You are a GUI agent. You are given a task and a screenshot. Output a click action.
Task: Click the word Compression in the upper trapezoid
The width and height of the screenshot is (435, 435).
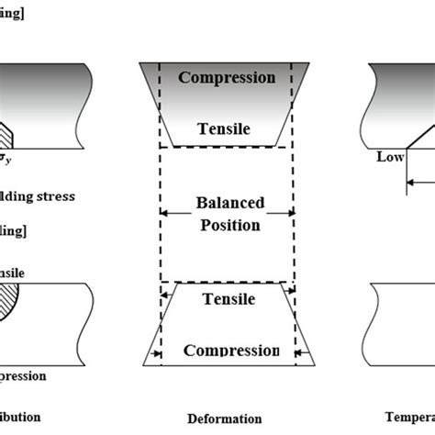point(226,77)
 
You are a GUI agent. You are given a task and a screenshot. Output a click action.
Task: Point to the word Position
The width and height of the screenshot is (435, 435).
point(226,225)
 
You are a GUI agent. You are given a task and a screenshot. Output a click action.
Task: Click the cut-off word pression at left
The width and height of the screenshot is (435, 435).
point(22,375)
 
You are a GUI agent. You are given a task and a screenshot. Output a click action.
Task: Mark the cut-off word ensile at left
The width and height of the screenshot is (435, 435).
point(13,273)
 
